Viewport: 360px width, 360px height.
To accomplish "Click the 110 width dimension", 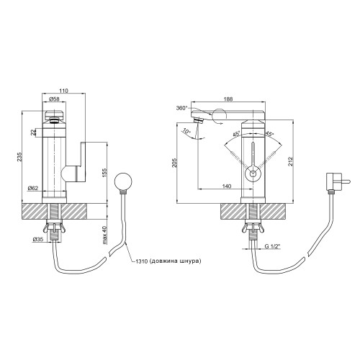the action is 64,91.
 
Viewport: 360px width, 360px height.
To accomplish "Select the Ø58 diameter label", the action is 54,99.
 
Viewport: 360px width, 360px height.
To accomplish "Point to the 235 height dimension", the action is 20,156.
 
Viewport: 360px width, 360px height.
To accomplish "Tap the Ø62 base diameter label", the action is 33,188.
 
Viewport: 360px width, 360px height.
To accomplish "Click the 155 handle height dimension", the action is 104,173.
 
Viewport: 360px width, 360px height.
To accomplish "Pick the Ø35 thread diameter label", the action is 38,239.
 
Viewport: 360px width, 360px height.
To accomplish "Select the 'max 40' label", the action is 104,235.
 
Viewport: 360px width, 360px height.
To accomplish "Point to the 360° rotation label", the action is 181,108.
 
